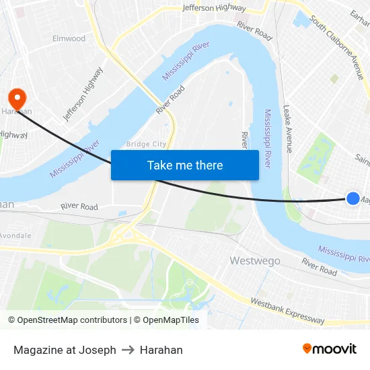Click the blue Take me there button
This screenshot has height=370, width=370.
[185, 165]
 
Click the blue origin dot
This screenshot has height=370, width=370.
[353, 198]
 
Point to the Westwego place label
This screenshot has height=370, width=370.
[255, 260]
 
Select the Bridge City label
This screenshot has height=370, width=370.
[146, 144]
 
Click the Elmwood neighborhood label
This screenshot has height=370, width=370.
[69, 38]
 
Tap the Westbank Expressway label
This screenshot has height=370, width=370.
[287, 309]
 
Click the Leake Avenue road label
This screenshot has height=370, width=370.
[288, 128]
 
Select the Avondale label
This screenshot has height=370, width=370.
[14, 235]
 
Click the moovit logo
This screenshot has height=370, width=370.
[329, 349]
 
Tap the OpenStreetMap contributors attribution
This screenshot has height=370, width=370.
[67, 320]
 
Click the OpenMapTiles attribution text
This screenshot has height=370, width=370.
[166, 320]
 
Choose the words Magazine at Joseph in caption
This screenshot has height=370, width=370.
[65, 350]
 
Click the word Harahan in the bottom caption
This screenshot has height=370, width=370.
[161, 350]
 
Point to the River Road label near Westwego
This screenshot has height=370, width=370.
[319, 266]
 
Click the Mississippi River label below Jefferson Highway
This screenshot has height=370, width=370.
[186, 61]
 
